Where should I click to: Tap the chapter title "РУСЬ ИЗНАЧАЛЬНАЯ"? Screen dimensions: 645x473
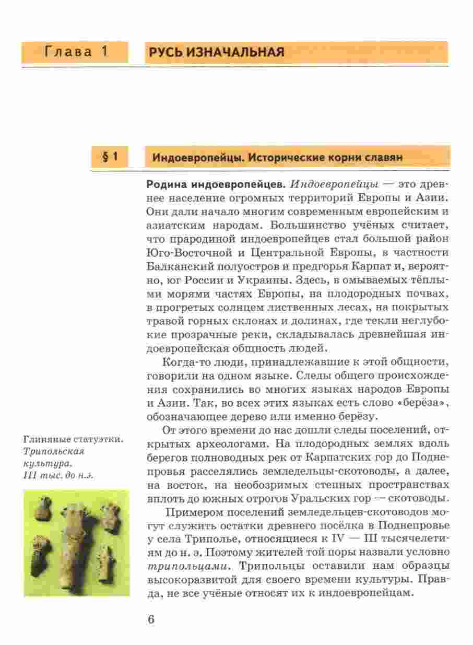click(x=217, y=52)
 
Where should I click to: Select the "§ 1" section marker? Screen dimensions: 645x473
click(x=109, y=156)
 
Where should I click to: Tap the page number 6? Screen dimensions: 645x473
click(x=151, y=619)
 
